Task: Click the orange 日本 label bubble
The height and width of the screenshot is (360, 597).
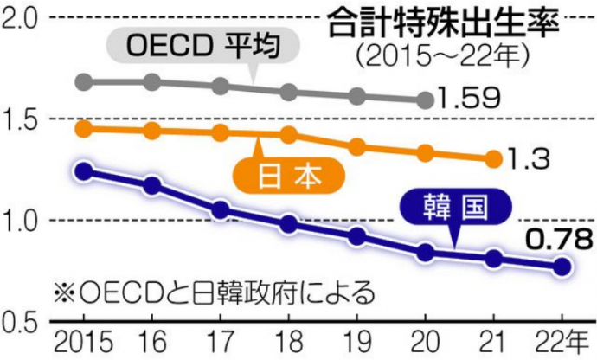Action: click(289, 176)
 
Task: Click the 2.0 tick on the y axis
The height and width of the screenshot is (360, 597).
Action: click(23, 17)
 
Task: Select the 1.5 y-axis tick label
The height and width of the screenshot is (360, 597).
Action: click(23, 119)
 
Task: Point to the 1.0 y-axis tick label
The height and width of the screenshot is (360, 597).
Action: click(23, 220)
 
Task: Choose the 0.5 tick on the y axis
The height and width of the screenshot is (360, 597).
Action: click(23, 321)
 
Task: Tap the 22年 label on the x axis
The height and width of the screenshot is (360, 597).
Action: click(561, 338)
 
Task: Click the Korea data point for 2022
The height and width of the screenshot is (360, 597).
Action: click(562, 267)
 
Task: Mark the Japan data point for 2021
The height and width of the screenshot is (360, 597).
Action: click(493, 158)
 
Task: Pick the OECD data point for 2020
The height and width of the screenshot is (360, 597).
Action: click(425, 100)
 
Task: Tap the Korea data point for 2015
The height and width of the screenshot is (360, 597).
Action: click(84, 171)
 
